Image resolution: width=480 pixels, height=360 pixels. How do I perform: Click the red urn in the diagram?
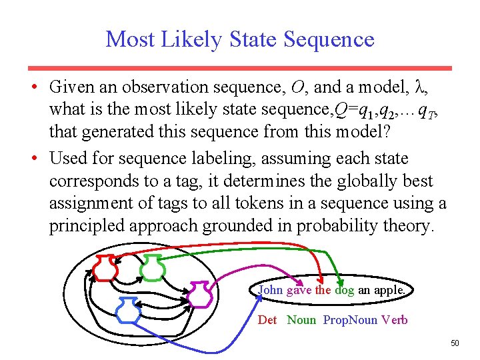point(105,268)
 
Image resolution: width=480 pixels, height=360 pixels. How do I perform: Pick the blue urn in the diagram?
point(127,311)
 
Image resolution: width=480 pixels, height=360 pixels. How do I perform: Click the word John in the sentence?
point(270,290)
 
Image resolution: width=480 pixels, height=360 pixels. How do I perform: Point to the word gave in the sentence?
point(299,290)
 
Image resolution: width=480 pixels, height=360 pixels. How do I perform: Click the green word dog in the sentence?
point(345,290)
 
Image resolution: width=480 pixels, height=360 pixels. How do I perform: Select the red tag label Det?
point(267,320)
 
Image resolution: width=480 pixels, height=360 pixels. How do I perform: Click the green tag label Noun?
point(301,320)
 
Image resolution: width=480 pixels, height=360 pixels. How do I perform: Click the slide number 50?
point(455,343)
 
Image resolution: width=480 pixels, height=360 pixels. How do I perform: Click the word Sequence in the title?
point(329,39)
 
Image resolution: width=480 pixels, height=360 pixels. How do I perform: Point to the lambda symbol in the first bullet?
point(419,87)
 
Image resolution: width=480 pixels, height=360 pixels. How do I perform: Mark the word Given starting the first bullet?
point(73,87)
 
